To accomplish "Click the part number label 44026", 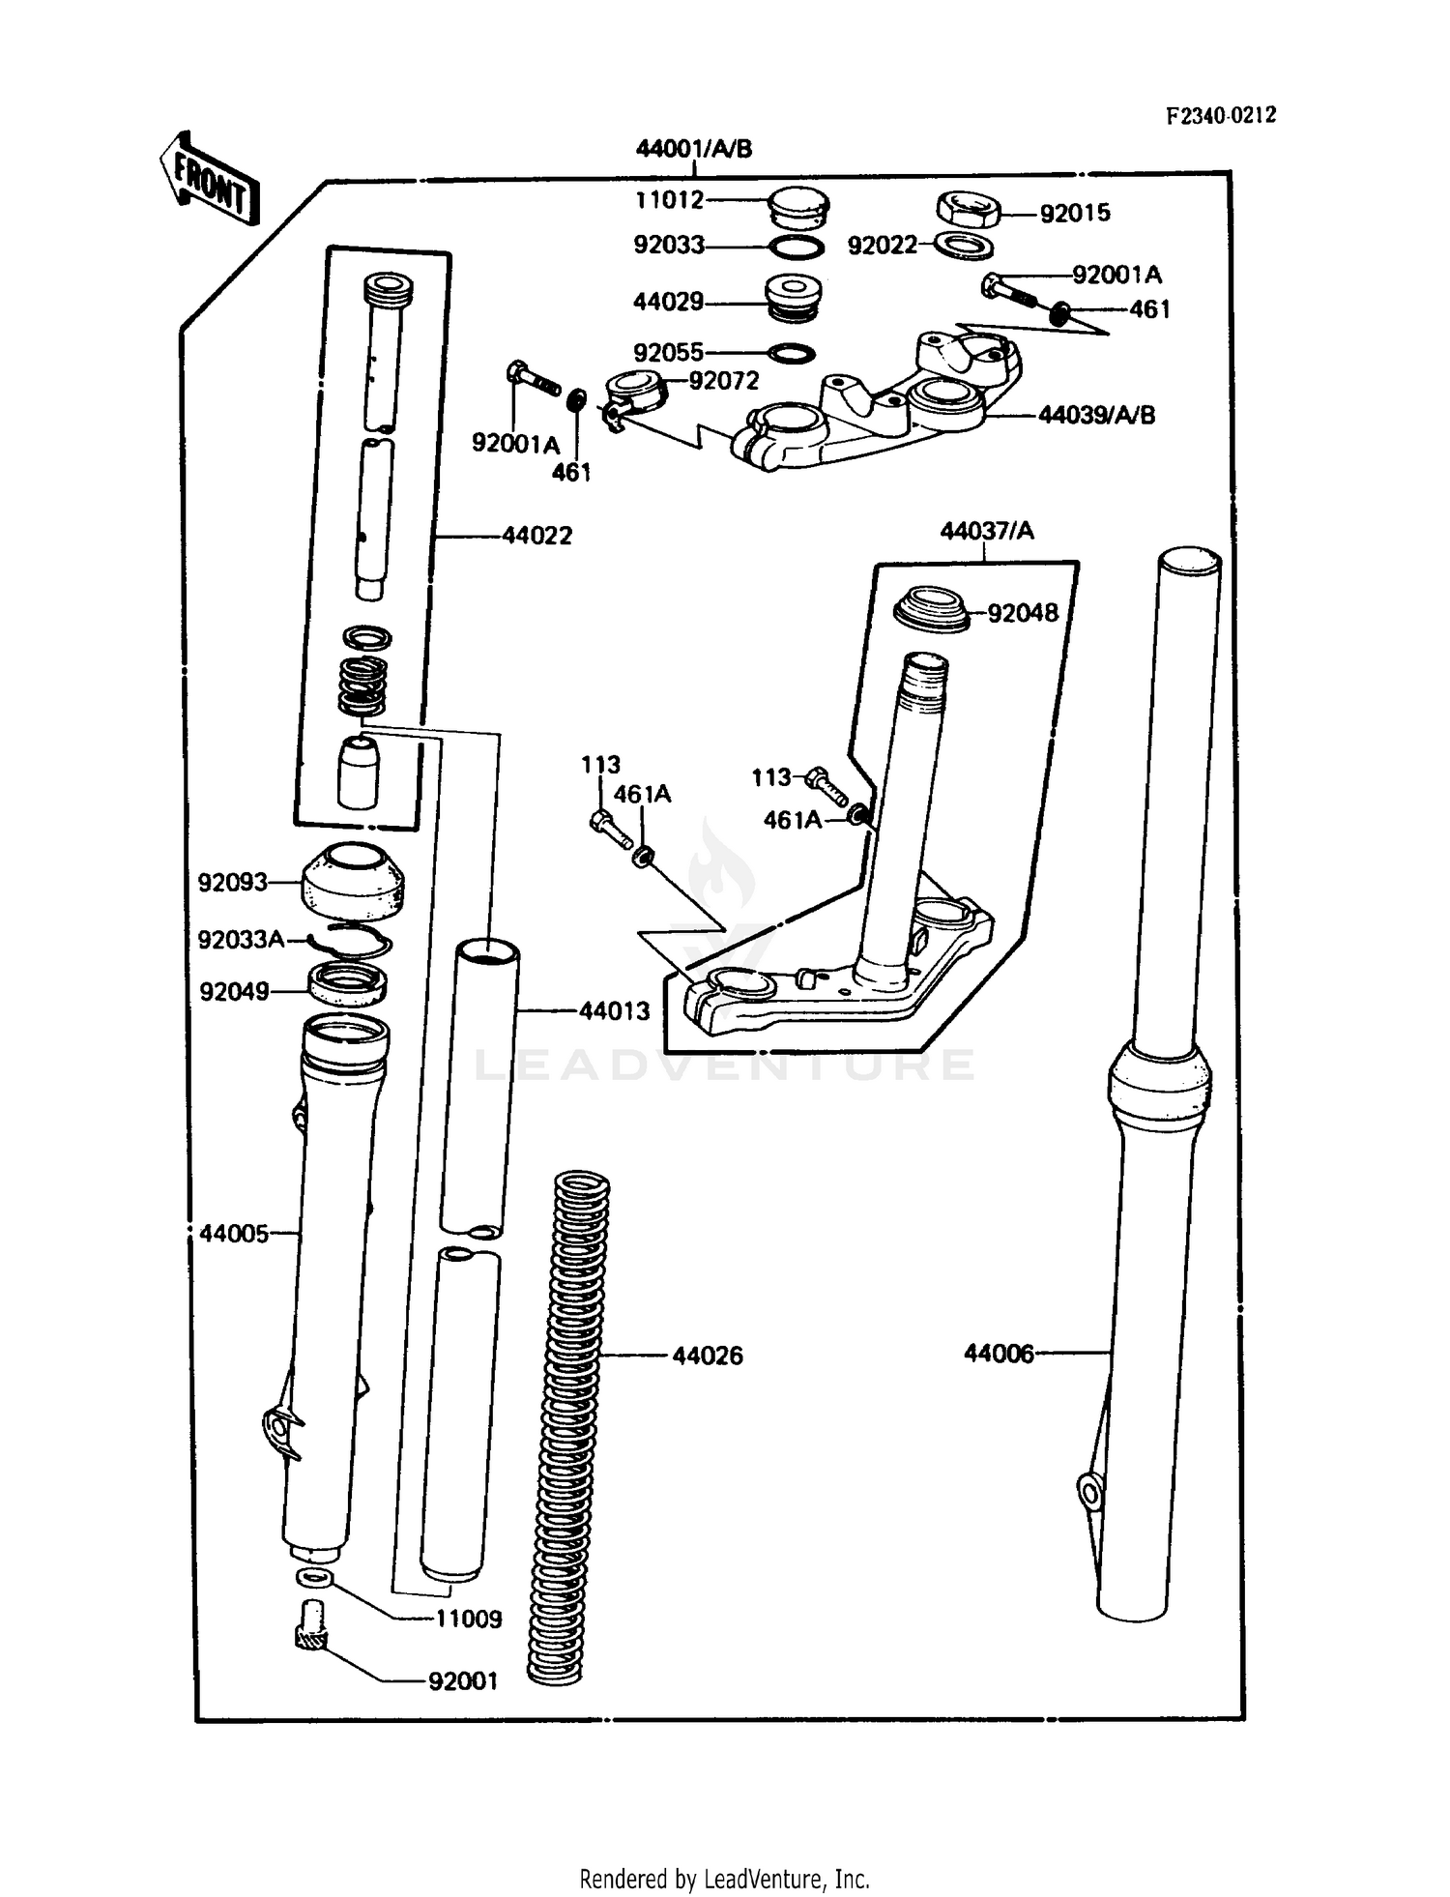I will (x=708, y=1357).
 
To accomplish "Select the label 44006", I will (x=998, y=1354).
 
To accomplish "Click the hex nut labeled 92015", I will (x=970, y=209).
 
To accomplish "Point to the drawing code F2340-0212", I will (x=1220, y=116).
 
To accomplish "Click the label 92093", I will (x=232, y=882).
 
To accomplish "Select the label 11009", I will (x=468, y=1620).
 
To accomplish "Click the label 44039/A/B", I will (x=1096, y=416).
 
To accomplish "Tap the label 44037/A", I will (x=986, y=531).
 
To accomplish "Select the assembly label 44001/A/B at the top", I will (x=693, y=149).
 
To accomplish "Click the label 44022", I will (x=536, y=536).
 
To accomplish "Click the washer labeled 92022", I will (x=966, y=246).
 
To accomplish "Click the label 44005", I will (x=234, y=1234).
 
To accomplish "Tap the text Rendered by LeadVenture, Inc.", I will (x=724, y=1879).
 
